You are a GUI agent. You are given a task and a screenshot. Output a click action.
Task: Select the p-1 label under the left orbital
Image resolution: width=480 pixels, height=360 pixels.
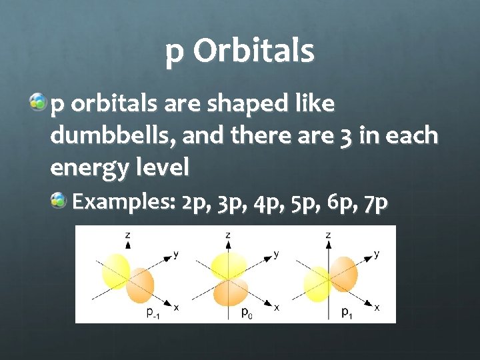tap(153, 313)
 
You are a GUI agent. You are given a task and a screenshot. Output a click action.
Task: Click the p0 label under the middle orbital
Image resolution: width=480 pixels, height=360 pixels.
tap(246, 312)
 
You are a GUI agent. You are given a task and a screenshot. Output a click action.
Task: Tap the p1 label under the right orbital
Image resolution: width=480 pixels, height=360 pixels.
tap(347, 312)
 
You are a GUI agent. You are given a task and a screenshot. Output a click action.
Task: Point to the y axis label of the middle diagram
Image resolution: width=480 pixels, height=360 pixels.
tap(276, 254)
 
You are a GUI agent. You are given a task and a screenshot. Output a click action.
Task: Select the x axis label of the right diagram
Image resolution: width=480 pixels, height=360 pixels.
tap(377, 307)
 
